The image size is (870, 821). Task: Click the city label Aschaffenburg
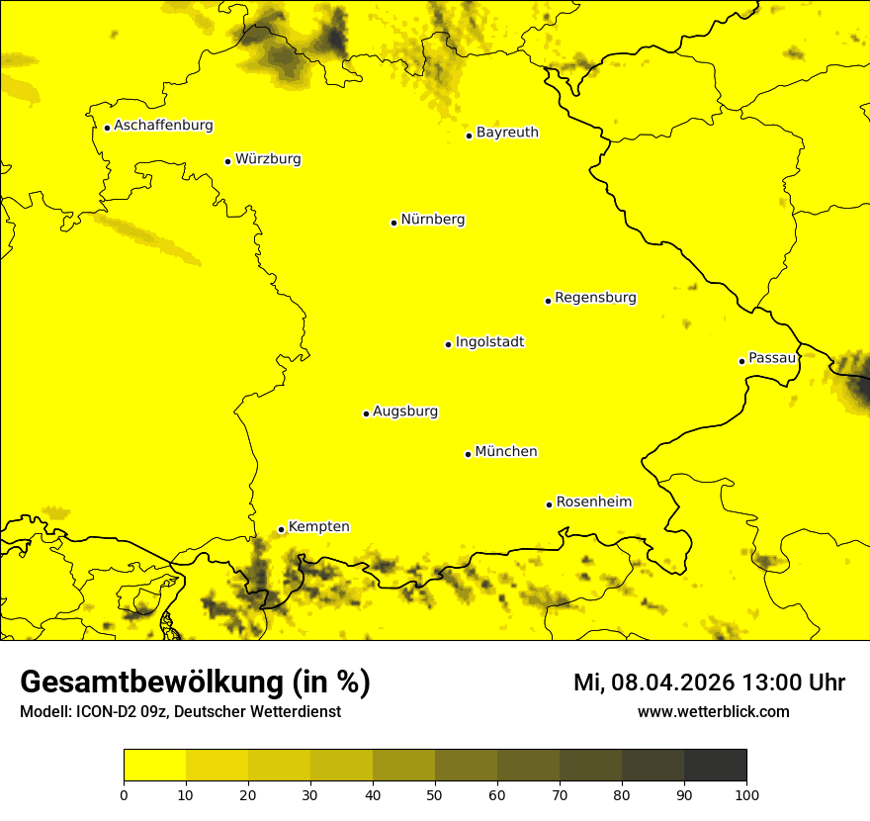click(163, 126)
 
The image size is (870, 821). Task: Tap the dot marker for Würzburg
click(227, 161)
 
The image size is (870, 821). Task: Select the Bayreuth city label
click(507, 132)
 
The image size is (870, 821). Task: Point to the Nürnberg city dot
click(393, 223)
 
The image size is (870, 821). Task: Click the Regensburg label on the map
click(595, 298)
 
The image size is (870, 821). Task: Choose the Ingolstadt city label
click(489, 342)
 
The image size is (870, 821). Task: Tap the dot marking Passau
click(741, 361)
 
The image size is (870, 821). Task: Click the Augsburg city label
click(405, 411)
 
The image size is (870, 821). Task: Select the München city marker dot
click(468, 454)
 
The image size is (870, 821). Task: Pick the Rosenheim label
click(593, 502)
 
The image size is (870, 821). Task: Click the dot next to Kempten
click(281, 529)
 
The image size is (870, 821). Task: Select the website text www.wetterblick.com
click(713, 711)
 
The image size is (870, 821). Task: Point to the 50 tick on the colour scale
click(435, 794)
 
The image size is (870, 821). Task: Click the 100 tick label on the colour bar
click(746, 794)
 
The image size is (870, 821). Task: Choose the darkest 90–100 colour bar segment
click(715, 766)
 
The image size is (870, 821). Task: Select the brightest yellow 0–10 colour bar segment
click(154, 766)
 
